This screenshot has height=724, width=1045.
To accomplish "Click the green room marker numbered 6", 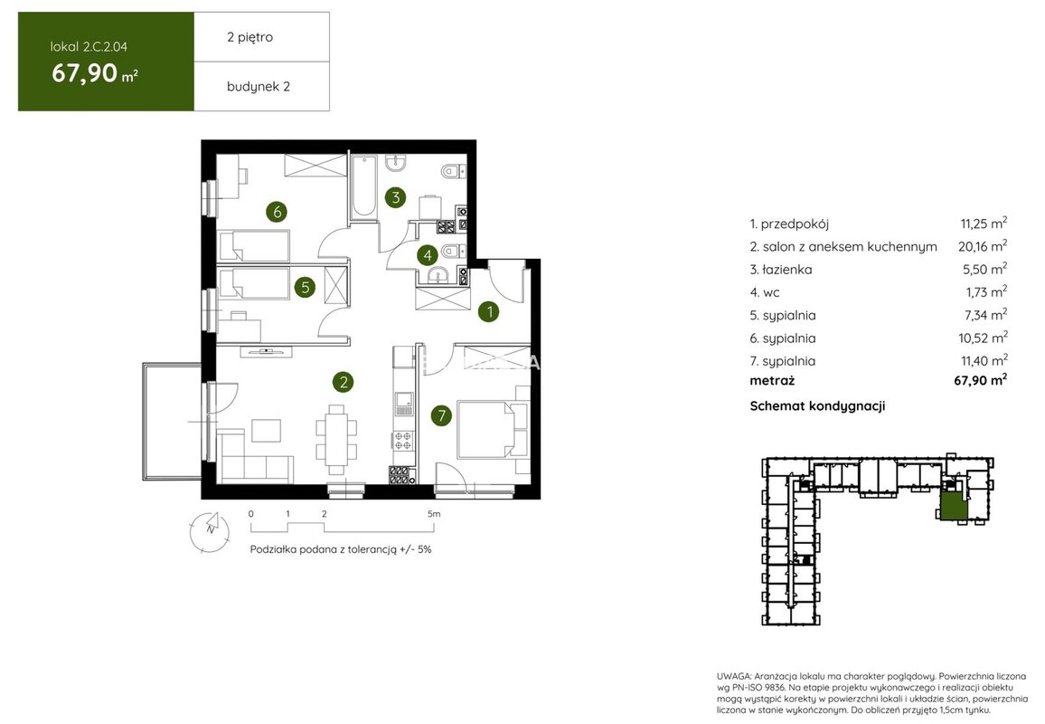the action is point(277,212).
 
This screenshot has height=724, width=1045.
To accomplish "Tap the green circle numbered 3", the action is point(396,197).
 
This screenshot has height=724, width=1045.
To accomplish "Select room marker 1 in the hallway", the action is point(490,311).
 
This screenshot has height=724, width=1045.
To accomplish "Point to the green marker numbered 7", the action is point(441,415).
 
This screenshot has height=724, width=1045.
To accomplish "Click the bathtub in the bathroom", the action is point(364,186).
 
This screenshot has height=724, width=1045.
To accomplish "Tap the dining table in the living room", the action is point(336,439).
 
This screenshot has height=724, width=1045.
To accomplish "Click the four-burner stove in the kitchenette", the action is point(402,440).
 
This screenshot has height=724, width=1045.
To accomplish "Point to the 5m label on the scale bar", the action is point(434,514).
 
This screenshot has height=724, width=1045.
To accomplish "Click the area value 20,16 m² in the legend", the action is point(983,246).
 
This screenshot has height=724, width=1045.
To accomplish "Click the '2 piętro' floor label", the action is point(249,37).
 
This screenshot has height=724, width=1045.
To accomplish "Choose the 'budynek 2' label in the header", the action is point(259,86).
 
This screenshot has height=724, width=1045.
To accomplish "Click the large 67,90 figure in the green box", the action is point(85,72).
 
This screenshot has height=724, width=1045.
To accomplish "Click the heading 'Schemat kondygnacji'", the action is point(818,405).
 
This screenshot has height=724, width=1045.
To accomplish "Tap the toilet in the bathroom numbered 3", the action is point(453,171).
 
